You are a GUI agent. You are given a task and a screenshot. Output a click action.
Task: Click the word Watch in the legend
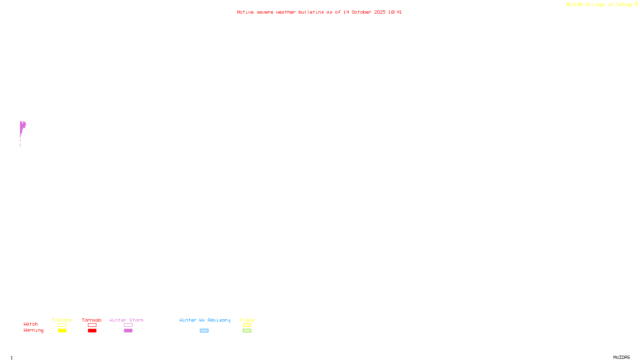(x=31, y=324)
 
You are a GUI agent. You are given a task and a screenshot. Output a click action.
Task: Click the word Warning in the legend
(x=33, y=330)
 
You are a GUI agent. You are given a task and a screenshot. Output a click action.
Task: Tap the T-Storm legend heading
(x=62, y=320)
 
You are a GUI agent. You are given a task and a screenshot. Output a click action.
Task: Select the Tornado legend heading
(x=92, y=320)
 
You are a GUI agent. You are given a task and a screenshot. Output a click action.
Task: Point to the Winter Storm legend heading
(x=126, y=320)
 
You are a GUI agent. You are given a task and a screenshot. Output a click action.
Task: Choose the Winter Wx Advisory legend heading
(x=205, y=320)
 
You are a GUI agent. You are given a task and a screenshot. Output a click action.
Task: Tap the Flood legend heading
(x=247, y=320)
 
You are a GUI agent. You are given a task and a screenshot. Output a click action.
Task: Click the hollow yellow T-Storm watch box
(x=62, y=325)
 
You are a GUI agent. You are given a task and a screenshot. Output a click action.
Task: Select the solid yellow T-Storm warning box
(x=62, y=331)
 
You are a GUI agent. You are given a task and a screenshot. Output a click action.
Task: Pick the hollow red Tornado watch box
(x=92, y=325)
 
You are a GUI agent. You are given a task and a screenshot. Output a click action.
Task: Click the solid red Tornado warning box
(x=92, y=331)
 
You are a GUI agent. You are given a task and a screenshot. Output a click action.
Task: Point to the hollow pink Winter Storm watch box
(x=128, y=325)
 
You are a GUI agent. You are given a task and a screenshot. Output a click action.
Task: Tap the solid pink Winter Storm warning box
(x=128, y=331)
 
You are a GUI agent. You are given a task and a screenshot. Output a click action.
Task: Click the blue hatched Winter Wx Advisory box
(x=204, y=331)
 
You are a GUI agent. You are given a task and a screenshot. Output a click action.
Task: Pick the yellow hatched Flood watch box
(x=247, y=325)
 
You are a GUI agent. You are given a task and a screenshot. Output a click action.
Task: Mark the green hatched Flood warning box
(x=247, y=331)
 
